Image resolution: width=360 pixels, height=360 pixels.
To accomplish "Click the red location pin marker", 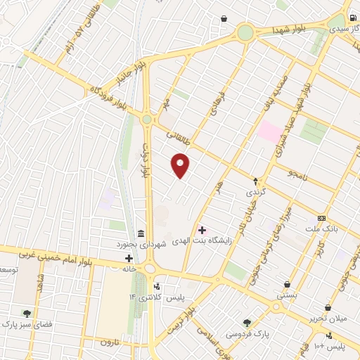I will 181,165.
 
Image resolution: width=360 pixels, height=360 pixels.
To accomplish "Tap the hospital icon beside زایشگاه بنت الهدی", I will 202,229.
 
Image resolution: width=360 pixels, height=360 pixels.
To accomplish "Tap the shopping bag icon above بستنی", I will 287,284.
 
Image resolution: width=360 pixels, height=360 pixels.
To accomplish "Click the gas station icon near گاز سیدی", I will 350,19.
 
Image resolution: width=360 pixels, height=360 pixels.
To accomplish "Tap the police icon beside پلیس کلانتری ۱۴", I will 157,286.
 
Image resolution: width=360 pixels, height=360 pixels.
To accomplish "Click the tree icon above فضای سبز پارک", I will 27,314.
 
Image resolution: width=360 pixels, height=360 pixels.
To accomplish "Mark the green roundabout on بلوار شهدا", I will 245,32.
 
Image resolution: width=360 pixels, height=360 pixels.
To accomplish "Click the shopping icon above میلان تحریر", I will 328,307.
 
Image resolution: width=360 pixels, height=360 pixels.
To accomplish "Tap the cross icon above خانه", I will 128,258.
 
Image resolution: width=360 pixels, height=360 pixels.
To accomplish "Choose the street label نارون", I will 105,342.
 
